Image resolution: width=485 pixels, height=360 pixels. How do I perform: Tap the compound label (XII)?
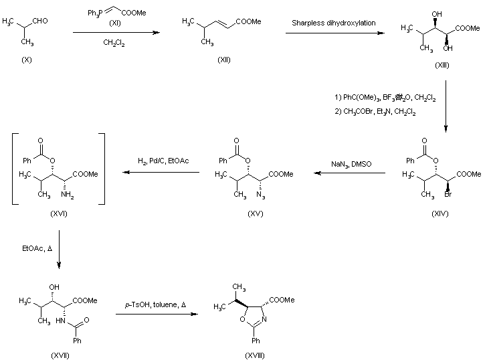pyautogui.click(x=224, y=60)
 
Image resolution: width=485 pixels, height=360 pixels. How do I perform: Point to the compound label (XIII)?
pyautogui.click(x=442, y=65)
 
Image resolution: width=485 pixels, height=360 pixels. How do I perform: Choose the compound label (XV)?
pyautogui.click(x=255, y=213)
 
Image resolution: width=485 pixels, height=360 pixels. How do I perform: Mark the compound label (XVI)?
pyautogui.click(x=58, y=213)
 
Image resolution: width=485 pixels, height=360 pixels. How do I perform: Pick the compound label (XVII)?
pyautogui.click(x=60, y=354)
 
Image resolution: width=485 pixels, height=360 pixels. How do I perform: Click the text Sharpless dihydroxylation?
pyautogui.click(x=334, y=23)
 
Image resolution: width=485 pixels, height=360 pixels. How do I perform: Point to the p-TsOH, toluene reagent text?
pyautogui.click(x=156, y=304)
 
